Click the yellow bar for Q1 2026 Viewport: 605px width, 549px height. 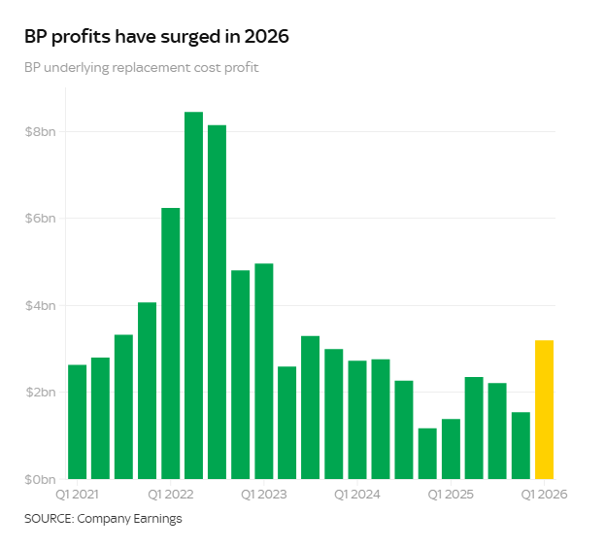tap(544, 409)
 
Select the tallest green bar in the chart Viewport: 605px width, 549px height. tap(194, 295)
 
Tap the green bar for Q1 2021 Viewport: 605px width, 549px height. tap(78, 422)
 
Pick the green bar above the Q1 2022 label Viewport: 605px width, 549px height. tap(171, 343)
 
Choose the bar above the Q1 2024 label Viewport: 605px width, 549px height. tap(357, 420)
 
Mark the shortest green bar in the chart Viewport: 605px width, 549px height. tap(427, 453)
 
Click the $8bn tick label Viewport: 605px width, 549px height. tap(40, 131)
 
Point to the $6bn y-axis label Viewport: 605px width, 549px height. tap(40, 219)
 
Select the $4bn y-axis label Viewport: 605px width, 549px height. tap(40, 305)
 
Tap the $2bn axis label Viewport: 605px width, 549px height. tap(40, 393)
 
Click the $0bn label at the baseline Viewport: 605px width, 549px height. tap(40, 479)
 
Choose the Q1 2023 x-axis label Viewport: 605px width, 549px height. tap(264, 495)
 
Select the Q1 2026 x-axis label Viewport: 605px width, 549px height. tap(544, 495)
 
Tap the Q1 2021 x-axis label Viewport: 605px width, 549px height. tap(78, 495)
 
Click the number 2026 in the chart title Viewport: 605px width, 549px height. tap(266, 38)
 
